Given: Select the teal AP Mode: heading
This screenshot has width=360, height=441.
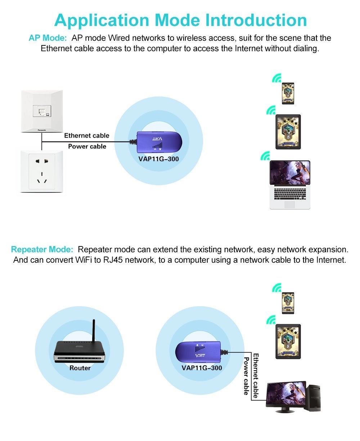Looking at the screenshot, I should pyautogui.click(x=48, y=38).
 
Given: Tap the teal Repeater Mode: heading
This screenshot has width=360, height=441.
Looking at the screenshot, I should pyautogui.click(x=42, y=249).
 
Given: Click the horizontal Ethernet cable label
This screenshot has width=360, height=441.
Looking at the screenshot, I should pyautogui.click(x=86, y=135).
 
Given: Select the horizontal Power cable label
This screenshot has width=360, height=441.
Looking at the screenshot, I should pyautogui.click(x=87, y=146).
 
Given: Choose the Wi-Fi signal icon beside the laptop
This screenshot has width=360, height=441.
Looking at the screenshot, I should pyautogui.click(x=265, y=156).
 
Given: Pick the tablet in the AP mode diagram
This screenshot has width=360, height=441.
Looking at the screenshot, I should pyautogui.click(x=288, y=132).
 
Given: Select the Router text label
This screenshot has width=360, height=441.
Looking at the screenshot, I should pyautogui.click(x=80, y=368).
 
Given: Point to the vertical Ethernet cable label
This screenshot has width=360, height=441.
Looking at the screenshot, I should pyautogui.click(x=256, y=375).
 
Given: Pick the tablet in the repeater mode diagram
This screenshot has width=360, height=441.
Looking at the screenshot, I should pyautogui.click(x=288, y=341).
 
